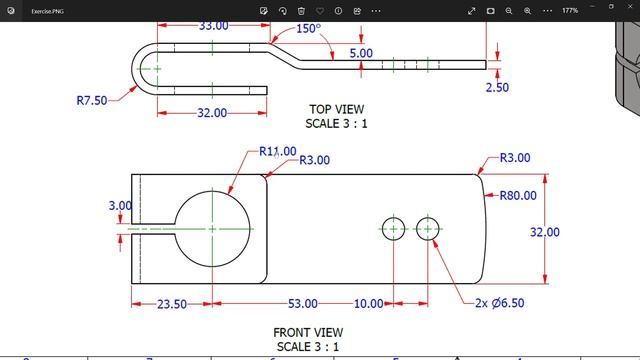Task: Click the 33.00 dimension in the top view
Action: click(213, 25)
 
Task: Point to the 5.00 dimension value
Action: click(361, 52)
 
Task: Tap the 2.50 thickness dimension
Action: click(497, 87)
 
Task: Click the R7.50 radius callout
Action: click(93, 100)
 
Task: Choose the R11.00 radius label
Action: click(277, 152)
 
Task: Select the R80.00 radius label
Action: click(518, 196)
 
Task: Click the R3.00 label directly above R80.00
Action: click(515, 158)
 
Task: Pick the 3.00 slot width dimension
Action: click(119, 206)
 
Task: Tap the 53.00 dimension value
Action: click(303, 303)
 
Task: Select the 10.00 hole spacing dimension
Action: click(368, 303)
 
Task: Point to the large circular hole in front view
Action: click(212, 228)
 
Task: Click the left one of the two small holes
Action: click(393, 229)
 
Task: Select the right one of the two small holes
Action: click(428, 229)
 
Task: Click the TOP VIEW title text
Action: click(337, 109)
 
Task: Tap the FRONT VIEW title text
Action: click(308, 332)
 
